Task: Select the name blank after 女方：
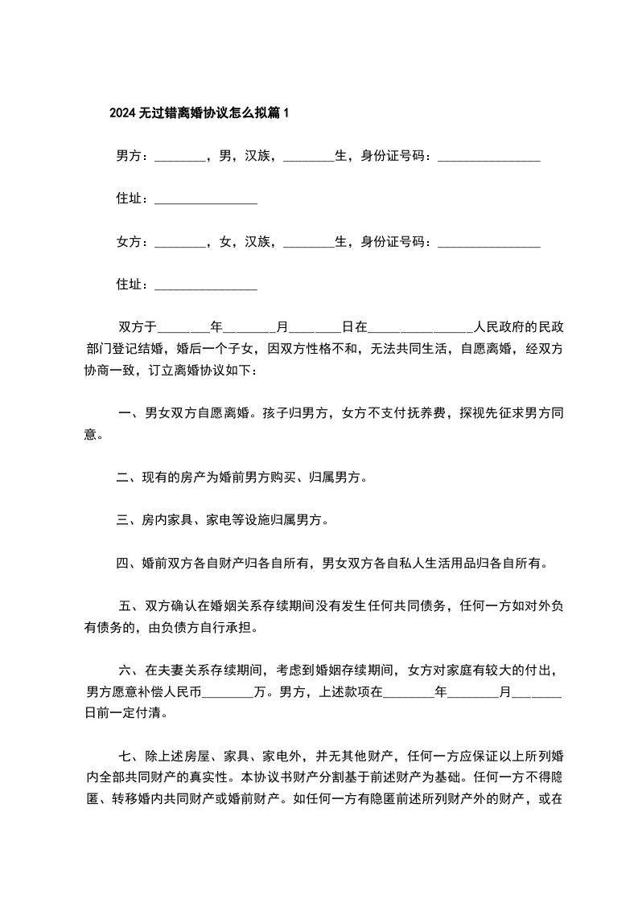[179, 241]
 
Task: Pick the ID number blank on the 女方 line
[488, 241]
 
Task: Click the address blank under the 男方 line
[205, 199]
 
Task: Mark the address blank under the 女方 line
[205, 284]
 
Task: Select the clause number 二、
[128, 478]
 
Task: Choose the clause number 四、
[128, 564]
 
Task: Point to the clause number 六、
[130, 670]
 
